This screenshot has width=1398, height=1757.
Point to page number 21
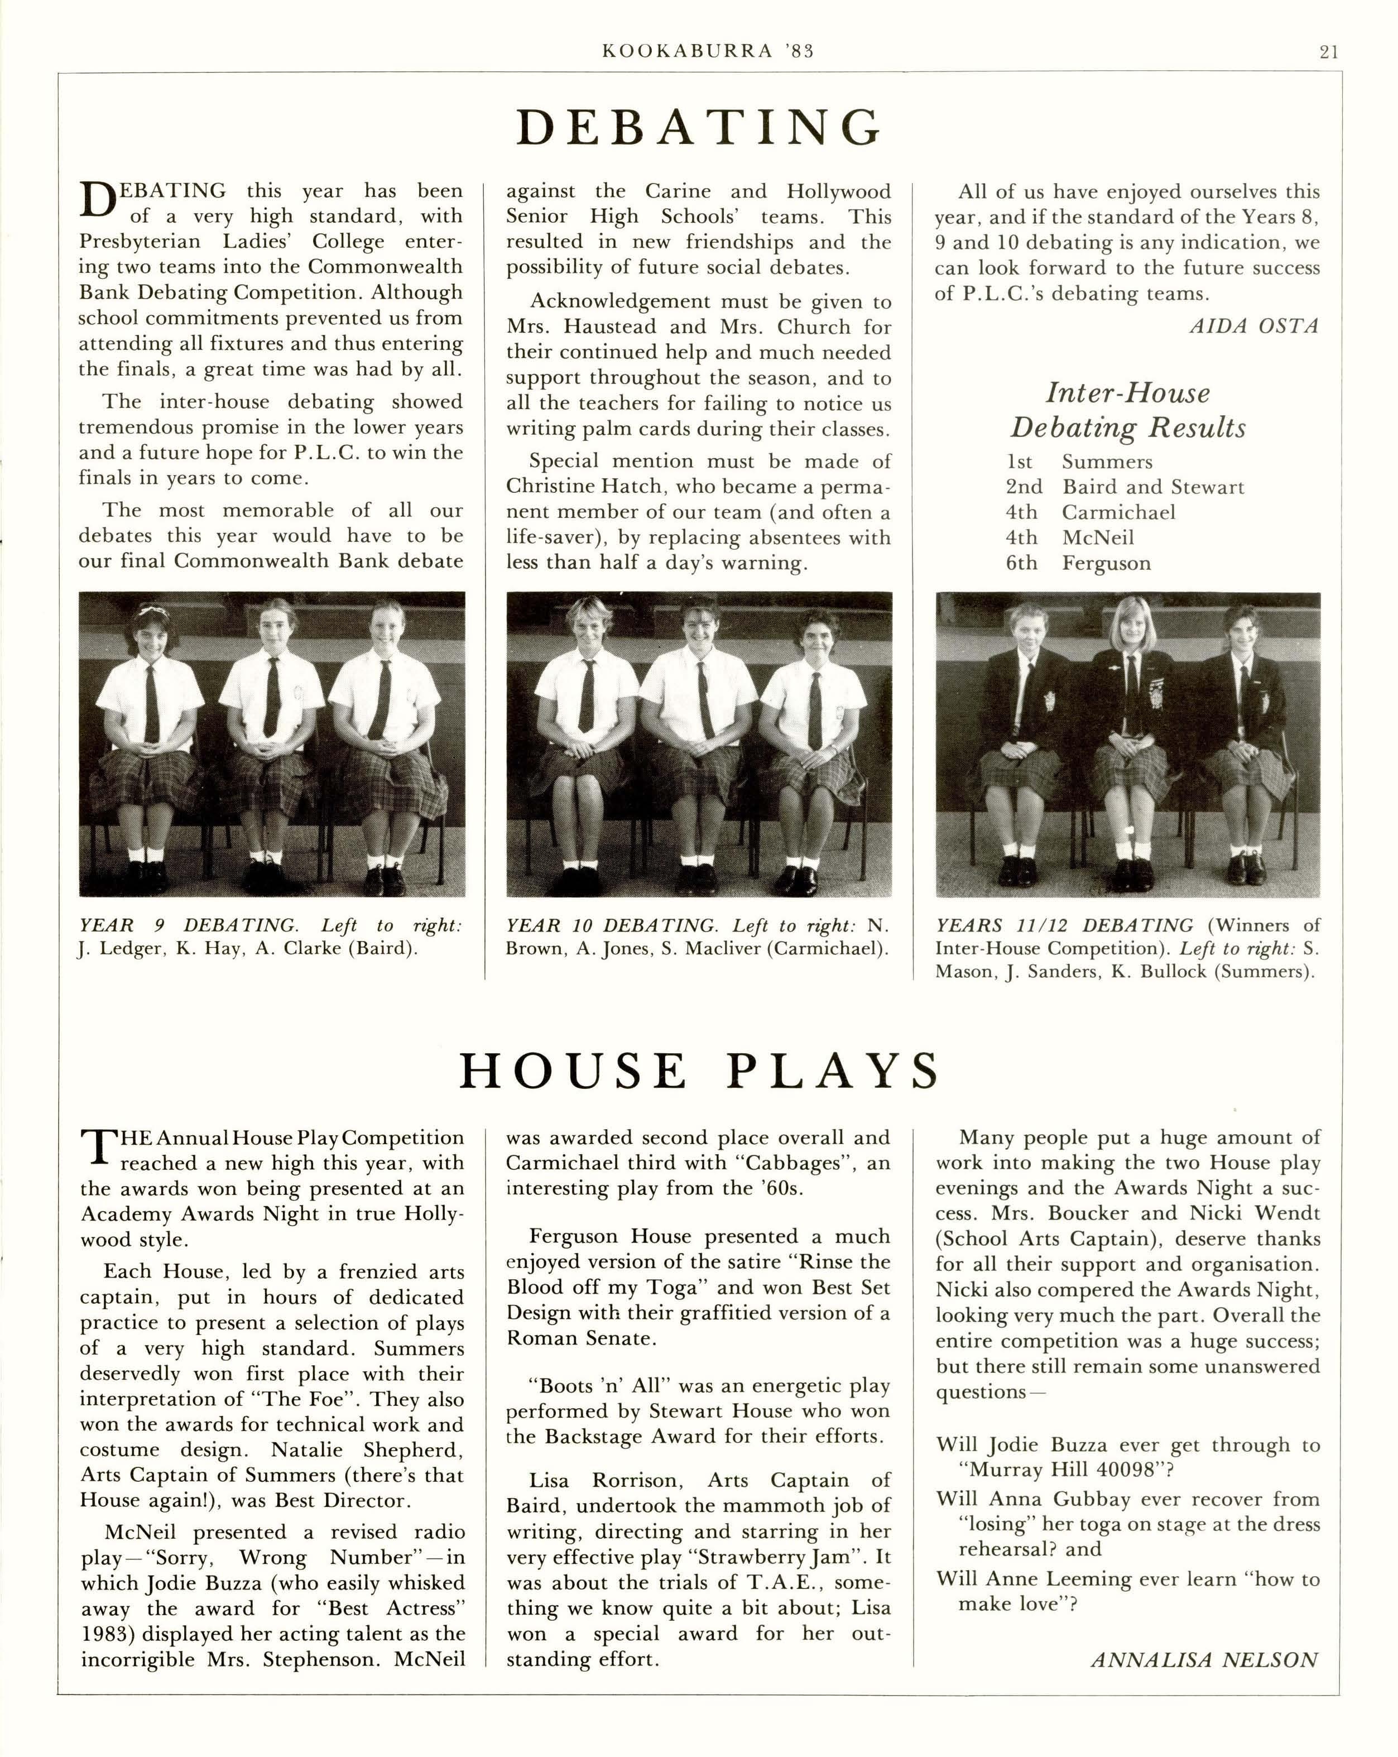(1328, 52)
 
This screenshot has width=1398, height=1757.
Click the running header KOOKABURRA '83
(707, 51)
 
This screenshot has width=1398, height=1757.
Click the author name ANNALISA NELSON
(1203, 1660)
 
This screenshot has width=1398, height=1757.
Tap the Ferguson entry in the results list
(1106, 563)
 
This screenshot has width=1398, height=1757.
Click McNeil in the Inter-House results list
(1097, 538)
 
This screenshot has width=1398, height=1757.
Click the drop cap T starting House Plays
(97, 1146)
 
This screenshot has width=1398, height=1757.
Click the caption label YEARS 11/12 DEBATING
(1064, 926)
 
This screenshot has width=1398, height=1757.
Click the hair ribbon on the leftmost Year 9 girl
(152, 609)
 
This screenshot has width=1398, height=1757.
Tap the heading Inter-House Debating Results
(1128, 410)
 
